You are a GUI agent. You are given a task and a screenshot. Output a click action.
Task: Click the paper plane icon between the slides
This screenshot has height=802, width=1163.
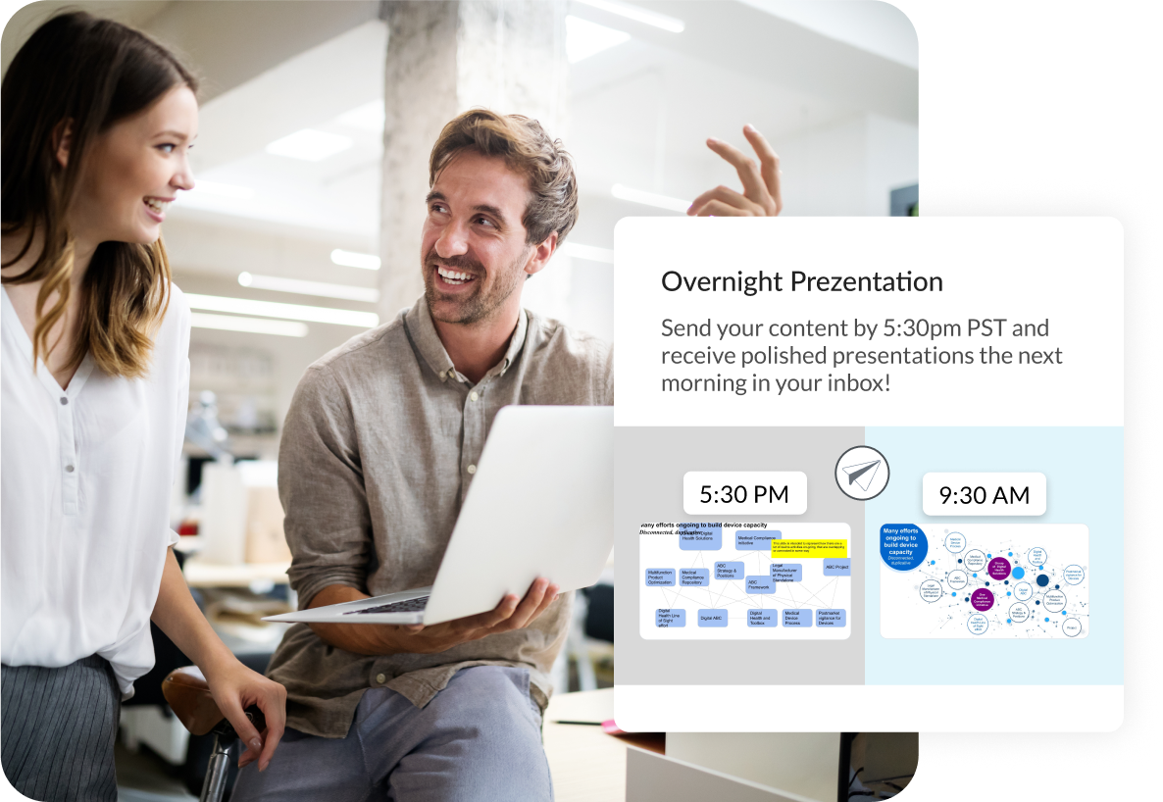(x=862, y=474)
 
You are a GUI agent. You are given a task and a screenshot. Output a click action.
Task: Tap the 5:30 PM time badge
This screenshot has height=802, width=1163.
(x=744, y=494)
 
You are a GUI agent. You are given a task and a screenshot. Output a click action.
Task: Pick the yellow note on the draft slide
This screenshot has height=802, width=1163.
(x=809, y=547)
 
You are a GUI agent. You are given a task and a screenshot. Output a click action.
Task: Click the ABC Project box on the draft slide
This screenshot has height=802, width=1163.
(x=836, y=567)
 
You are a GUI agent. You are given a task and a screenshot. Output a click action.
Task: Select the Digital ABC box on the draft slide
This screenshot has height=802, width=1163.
(x=712, y=618)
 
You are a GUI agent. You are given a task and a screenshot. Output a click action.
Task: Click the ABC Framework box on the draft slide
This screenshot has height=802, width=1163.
(x=760, y=585)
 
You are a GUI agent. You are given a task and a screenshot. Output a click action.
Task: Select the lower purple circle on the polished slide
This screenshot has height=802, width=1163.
(x=984, y=598)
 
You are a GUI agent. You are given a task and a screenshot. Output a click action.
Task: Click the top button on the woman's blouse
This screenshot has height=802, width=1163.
(x=64, y=400)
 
